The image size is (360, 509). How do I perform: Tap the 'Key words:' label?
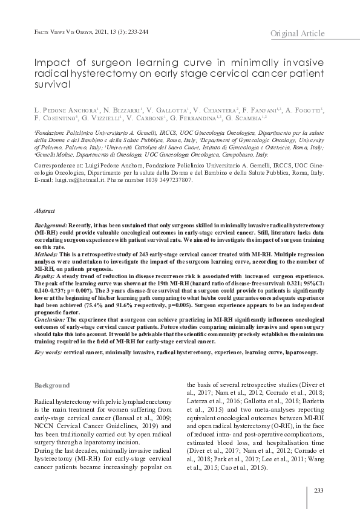pyautogui.click(x=48, y=351)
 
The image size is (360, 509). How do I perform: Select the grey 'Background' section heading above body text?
pyautogui.click(x=52, y=385)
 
